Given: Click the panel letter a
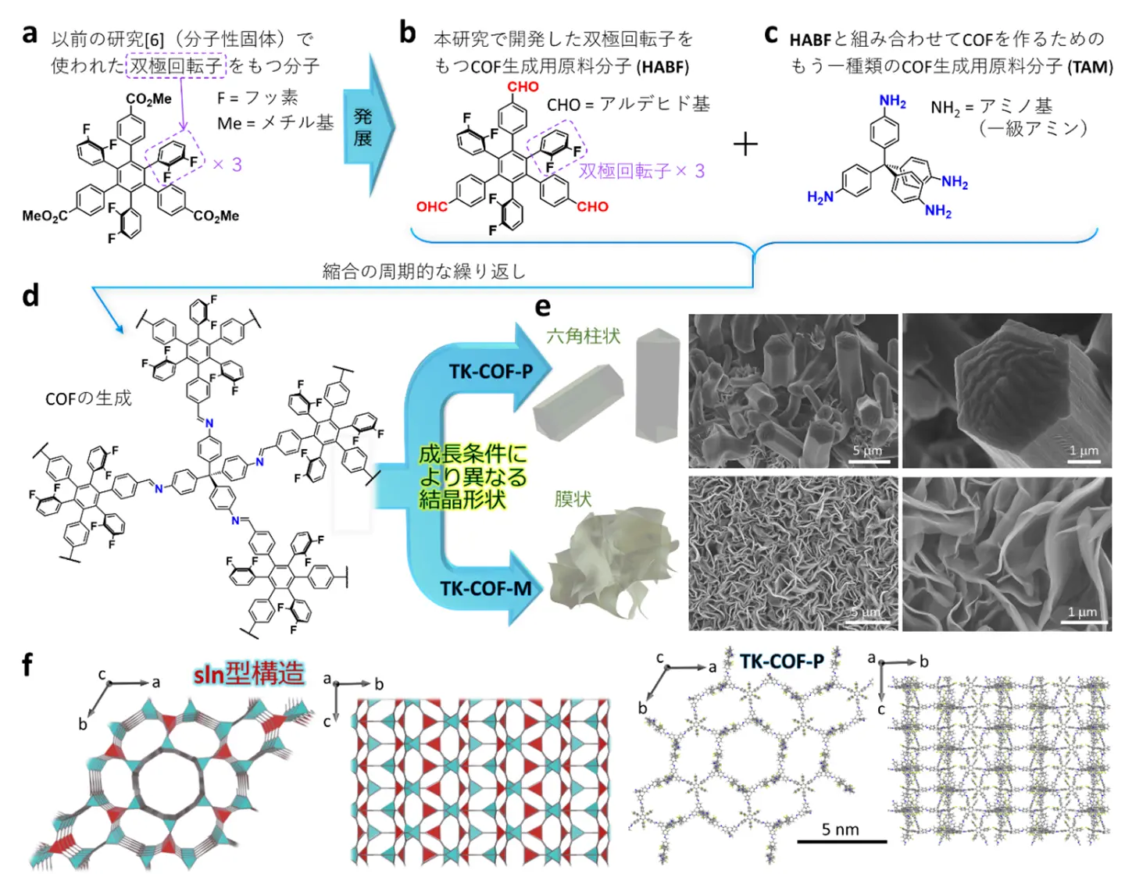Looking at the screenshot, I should [x=30, y=34].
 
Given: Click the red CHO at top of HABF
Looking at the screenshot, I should [x=523, y=87].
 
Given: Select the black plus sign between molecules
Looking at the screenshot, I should [x=745, y=144].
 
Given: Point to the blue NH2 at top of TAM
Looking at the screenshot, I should [x=892, y=102].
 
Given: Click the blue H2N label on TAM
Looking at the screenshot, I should [x=820, y=197].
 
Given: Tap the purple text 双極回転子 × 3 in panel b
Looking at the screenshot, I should [x=641, y=171].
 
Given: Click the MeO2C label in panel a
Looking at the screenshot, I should [x=44, y=216].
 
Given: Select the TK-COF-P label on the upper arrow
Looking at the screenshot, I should [x=491, y=372].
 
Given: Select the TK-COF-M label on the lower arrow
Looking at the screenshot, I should [x=485, y=588].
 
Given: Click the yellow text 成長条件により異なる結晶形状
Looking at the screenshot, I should [x=472, y=476].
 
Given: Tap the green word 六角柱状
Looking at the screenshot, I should [x=583, y=336].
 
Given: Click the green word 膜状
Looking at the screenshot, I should [x=573, y=498].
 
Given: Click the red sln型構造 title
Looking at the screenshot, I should [x=249, y=673].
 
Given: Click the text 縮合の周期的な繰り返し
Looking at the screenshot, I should [x=424, y=271].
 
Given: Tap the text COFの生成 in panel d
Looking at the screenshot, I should [x=88, y=398].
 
